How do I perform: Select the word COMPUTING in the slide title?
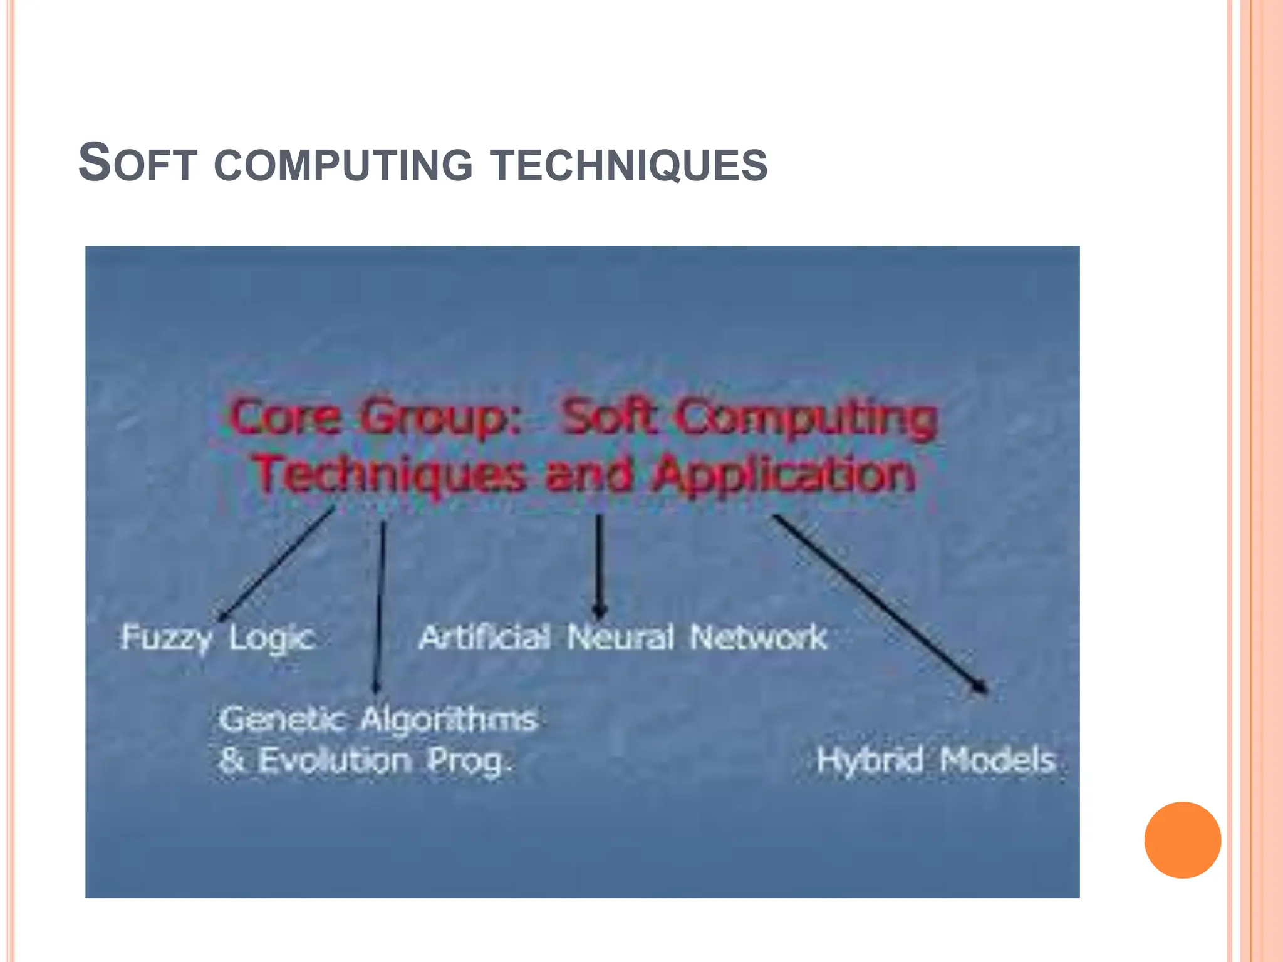click(343, 165)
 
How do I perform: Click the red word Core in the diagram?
click(286, 417)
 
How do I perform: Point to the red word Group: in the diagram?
click(441, 418)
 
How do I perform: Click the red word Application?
click(784, 474)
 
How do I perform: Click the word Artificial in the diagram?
click(485, 638)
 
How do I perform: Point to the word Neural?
click(620, 638)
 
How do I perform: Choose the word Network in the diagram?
click(758, 638)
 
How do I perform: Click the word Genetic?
click(282, 719)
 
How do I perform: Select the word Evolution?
click(335, 760)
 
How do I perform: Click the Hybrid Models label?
click(936, 760)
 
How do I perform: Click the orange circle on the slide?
click(1182, 840)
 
